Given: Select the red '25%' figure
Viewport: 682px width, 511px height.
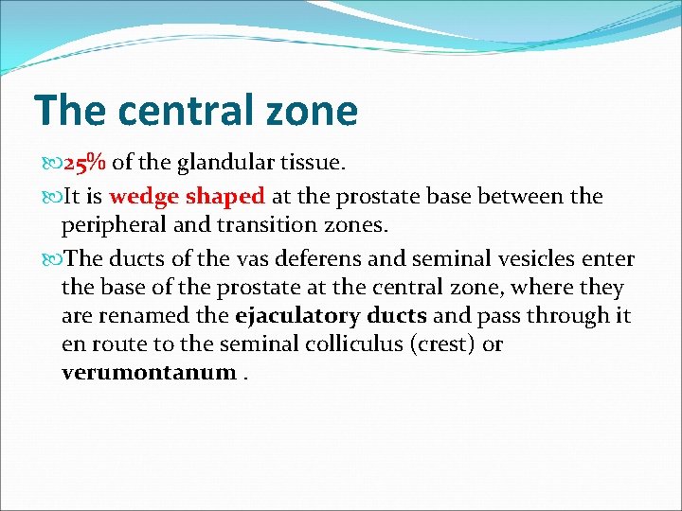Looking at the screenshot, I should coord(84,164).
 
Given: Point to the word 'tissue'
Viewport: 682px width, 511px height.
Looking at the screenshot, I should coord(312,164).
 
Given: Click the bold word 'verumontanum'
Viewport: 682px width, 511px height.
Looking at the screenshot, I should coord(148,373).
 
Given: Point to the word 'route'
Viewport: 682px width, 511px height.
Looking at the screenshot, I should coord(113,344).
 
